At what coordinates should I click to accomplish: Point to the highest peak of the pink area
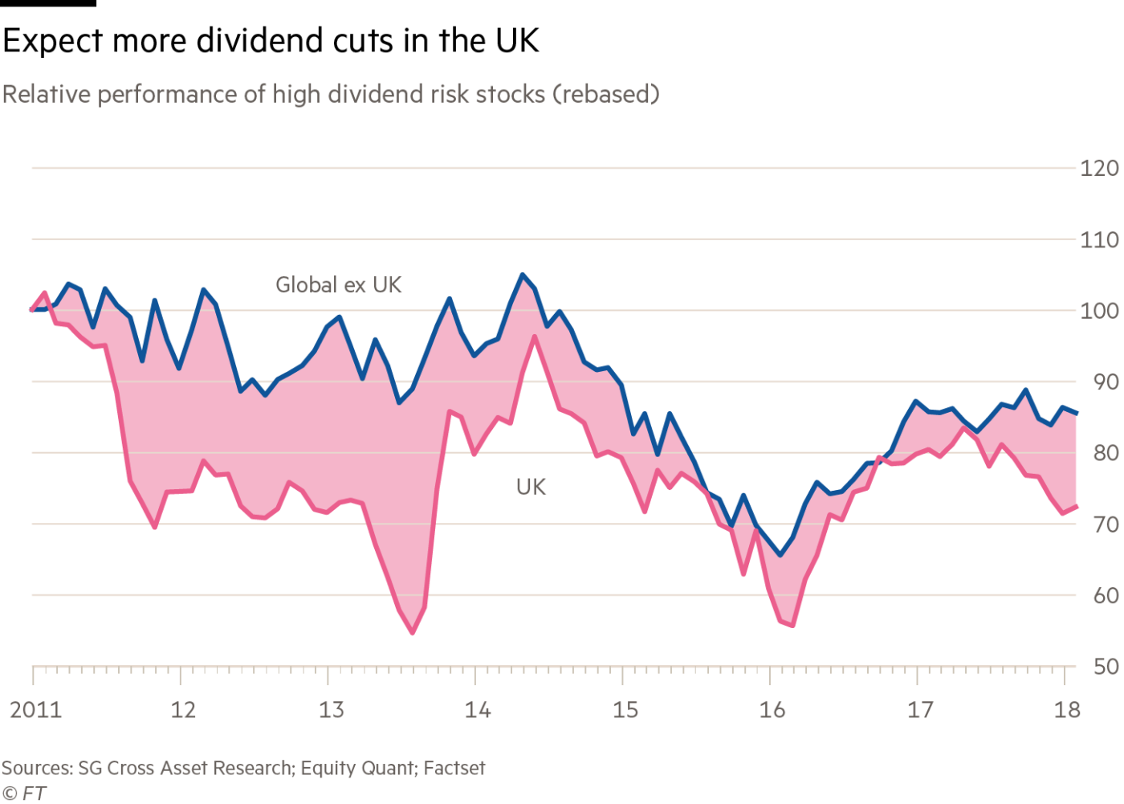coord(523,276)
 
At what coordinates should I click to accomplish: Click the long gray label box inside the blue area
coord(394,284)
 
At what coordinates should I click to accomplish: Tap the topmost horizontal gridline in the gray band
coord(558,168)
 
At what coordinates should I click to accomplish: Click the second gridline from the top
coord(558,239)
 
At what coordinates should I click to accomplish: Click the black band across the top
coord(562,40)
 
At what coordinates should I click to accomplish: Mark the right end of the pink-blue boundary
coord(1076,416)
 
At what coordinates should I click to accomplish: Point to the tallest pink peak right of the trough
coord(1024,397)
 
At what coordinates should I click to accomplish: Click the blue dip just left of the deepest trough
coord(731,526)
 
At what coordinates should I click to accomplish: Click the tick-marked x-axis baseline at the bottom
coord(562,667)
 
